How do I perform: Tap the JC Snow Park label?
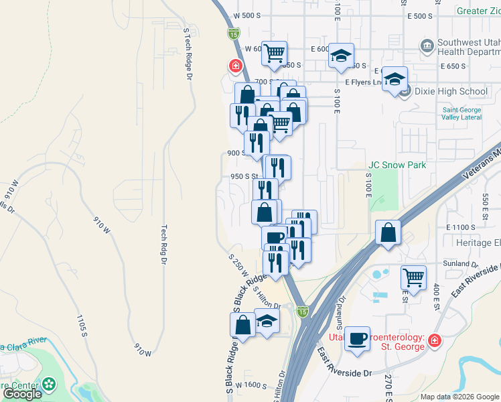[x=397, y=165]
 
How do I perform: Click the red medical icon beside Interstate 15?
[x=235, y=66]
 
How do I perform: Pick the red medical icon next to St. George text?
[x=434, y=340]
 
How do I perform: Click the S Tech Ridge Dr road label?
[x=188, y=53]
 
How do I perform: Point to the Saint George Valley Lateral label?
[x=461, y=114]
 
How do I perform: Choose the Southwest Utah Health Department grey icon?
[x=426, y=46]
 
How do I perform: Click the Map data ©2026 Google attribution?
[x=459, y=397]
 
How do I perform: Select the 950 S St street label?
[x=244, y=177]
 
